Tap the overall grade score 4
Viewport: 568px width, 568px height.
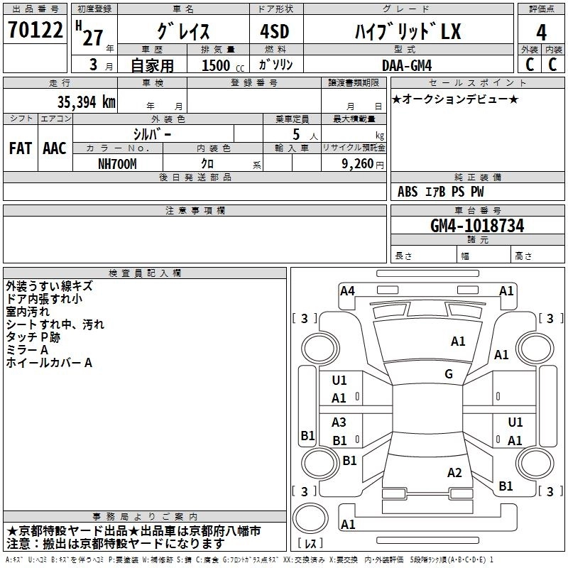pyautogui.click(x=541, y=33)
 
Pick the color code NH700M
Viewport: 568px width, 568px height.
pyautogui.click(x=117, y=163)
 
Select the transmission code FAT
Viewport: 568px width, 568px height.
pyautogui.click(x=20, y=148)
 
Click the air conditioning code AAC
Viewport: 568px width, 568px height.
pyautogui.click(x=54, y=148)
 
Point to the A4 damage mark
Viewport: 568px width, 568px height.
pyautogui.click(x=347, y=290)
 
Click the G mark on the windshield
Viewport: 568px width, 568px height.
pyautogui.click(x=449, y=374)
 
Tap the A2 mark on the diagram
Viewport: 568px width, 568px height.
pyautogui.click(x=454, y=473)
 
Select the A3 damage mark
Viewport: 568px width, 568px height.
pyautogui.click(x=339, y=422)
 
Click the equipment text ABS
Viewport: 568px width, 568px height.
pyautogui.click(x=408, y=192)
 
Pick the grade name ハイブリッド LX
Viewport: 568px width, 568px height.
pyautogui.click(x=408, y=32)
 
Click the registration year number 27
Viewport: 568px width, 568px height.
pyautogui.click(x=92, y=37)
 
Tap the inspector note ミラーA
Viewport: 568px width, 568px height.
pyautogui.click(x=27, y=350)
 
